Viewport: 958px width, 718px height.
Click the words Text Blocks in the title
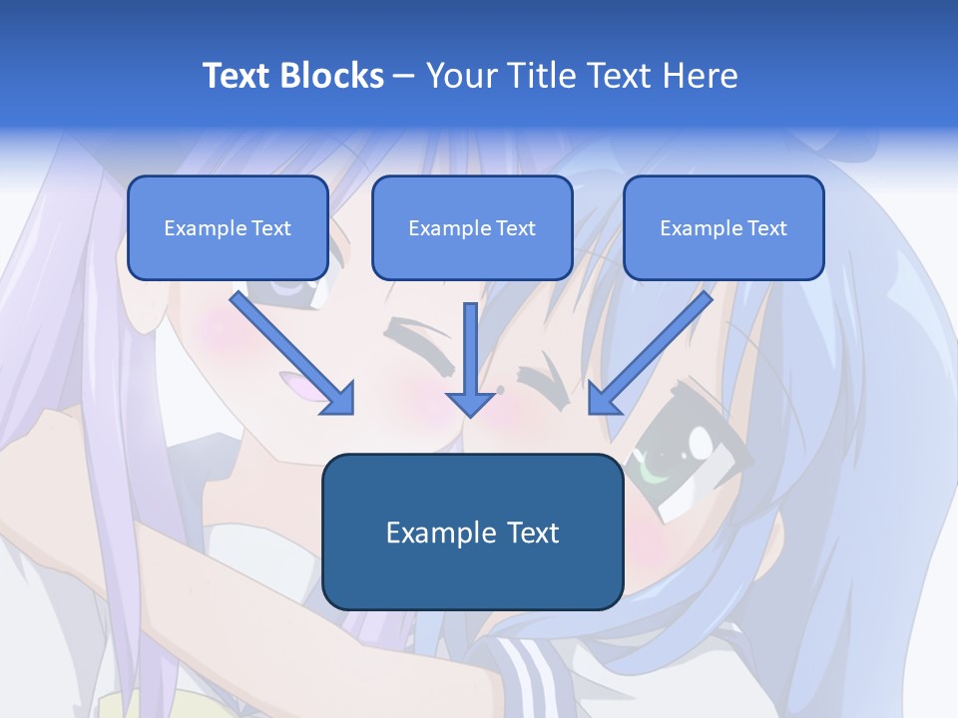pos(293,76)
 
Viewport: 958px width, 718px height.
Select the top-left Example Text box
pos(228,228)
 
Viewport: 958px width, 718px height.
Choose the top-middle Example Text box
pos(472,228)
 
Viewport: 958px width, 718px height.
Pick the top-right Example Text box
pos(723,228)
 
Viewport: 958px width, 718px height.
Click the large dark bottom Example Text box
pos(472,533)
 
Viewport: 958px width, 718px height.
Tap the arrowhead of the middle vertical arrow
pos(470,402)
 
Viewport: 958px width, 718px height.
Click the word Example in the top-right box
pos(696,228)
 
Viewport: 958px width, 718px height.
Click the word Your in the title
pos(457,76)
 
